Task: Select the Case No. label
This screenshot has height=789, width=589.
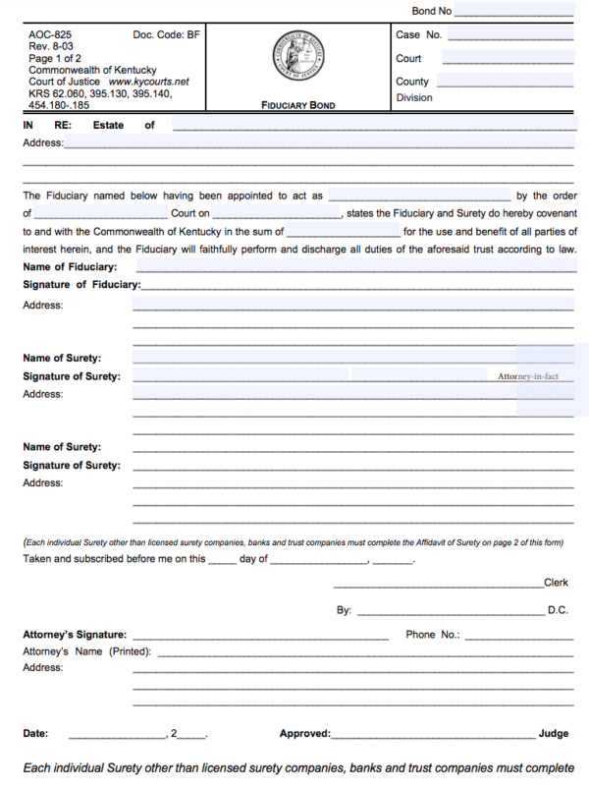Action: (x=418, y=35)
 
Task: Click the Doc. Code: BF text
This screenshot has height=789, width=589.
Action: (x=166, y=35)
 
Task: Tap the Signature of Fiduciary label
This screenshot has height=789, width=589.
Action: (x=80, y=285)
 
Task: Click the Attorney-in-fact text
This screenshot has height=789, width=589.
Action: (x=528, y=376)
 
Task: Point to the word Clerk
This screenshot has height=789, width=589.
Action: (x=556, y=583)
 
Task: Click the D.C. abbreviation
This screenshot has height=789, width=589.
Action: (x=558, y=610)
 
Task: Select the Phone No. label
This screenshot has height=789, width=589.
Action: (x=432, y=635)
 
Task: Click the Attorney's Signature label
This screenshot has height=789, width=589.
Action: (x=74, y=635)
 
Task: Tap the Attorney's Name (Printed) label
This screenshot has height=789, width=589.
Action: (x=85, y=651)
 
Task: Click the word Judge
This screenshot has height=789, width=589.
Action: (x=553, y=733)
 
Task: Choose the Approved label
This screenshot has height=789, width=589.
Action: (x=304, y=733)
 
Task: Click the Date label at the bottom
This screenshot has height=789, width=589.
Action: (x=34, y=733)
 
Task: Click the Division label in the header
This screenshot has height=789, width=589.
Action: (x=414, y=98)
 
